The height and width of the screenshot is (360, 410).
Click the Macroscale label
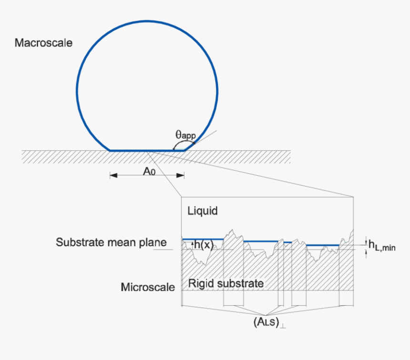coord(43,43)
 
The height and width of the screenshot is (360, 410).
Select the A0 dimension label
coord(149,171)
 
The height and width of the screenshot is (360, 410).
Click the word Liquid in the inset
coord(203,210)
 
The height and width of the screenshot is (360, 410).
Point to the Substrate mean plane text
coord(111,242)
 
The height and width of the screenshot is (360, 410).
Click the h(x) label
coord(204,244)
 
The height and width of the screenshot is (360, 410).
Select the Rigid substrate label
coord(226,284)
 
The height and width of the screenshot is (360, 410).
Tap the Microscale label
coord(148,287)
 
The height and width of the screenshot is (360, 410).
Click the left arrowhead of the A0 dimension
coord(113,176)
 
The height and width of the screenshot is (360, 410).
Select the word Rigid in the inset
coord(200,284)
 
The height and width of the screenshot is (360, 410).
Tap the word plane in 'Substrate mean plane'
coord(152,242)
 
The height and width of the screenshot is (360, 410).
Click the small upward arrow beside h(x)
coord(193,244)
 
